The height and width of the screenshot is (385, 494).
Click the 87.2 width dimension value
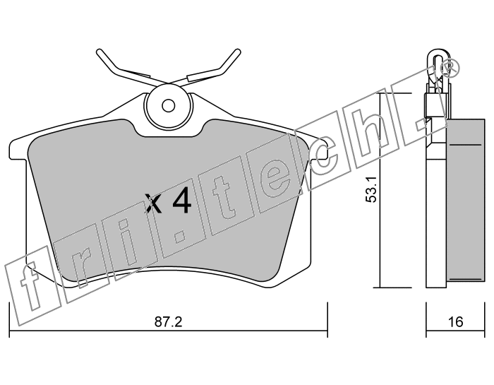pos(168,322)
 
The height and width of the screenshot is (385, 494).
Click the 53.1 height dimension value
pos(371,189)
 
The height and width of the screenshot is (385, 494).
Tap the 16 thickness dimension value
pos(455,322)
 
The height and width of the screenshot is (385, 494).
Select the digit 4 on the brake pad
pos(182,200)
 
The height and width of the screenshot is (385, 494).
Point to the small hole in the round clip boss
pos(169,105)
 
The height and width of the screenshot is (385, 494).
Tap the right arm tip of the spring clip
pos(237,52)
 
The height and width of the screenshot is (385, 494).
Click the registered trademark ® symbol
pos(450,67)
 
